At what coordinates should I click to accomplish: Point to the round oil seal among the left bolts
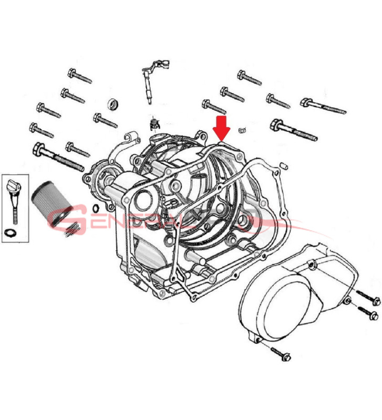tap(112, 104)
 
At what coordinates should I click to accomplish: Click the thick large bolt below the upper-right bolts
tap(294, 131)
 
